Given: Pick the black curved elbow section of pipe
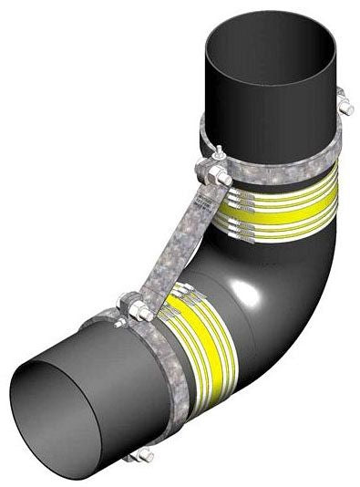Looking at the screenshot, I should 273,292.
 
